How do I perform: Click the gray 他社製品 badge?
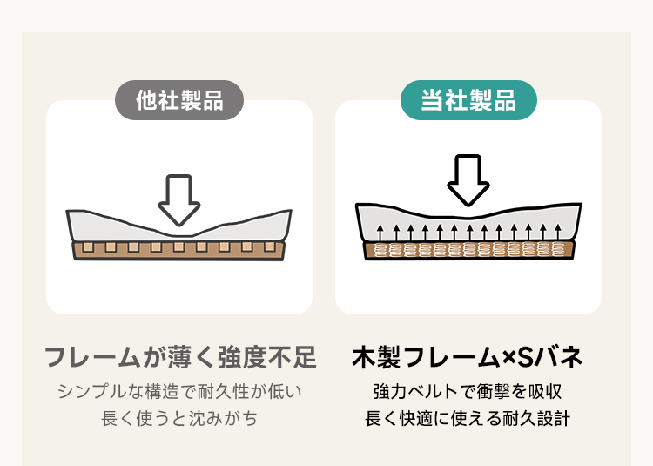click(179, 100)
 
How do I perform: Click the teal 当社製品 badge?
click(468, 100)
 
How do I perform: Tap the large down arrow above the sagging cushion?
click(179, 200)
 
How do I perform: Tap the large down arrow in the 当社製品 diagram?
click(468, 180)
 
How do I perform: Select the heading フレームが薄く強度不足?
click(180, 357)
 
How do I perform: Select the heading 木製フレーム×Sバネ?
click(467, 357)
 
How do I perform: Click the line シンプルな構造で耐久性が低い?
click(179, 391)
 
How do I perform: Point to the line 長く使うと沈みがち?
click(179, 418)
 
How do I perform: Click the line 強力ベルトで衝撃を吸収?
click(468, 391)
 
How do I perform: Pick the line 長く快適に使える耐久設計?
click(468, 418)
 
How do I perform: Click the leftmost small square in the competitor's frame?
click(88, 247)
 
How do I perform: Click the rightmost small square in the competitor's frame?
click(269, 247)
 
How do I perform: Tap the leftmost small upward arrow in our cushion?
click(380, 233)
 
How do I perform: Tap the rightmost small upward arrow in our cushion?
click(558, 233)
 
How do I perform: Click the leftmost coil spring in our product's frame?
click(380, 250)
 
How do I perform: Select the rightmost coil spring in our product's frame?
click(558, 249)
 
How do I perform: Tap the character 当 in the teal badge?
click(432, 100)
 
